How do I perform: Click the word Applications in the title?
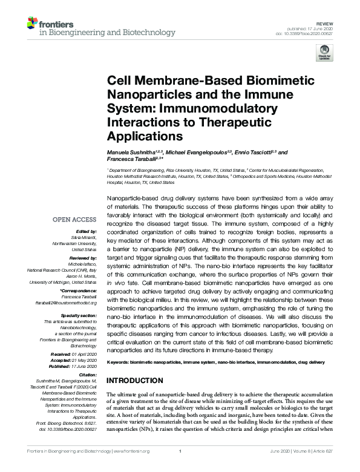145,136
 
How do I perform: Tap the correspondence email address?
67,303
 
